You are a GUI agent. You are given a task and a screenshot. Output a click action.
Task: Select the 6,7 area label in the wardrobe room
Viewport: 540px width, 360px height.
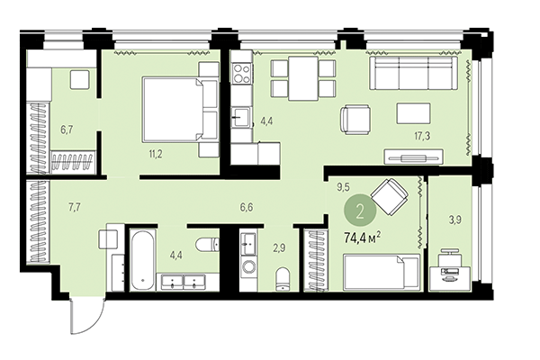pyautogui.click(x=66, y=130)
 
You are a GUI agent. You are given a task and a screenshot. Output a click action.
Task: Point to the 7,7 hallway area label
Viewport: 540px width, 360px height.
pyautogui.click(x=75, y=206)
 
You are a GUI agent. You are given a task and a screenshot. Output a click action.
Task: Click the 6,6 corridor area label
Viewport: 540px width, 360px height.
pyautogui.click(x=246, y=206)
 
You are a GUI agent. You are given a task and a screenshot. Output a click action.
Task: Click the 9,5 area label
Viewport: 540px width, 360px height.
pyautogui.click(x=341, y=189)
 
